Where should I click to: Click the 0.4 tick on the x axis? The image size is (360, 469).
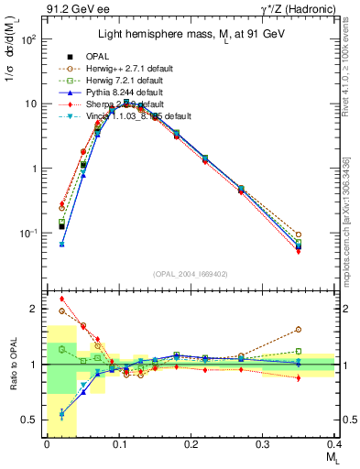[334, 444]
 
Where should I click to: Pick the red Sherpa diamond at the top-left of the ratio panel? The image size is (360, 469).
[62, 299]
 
